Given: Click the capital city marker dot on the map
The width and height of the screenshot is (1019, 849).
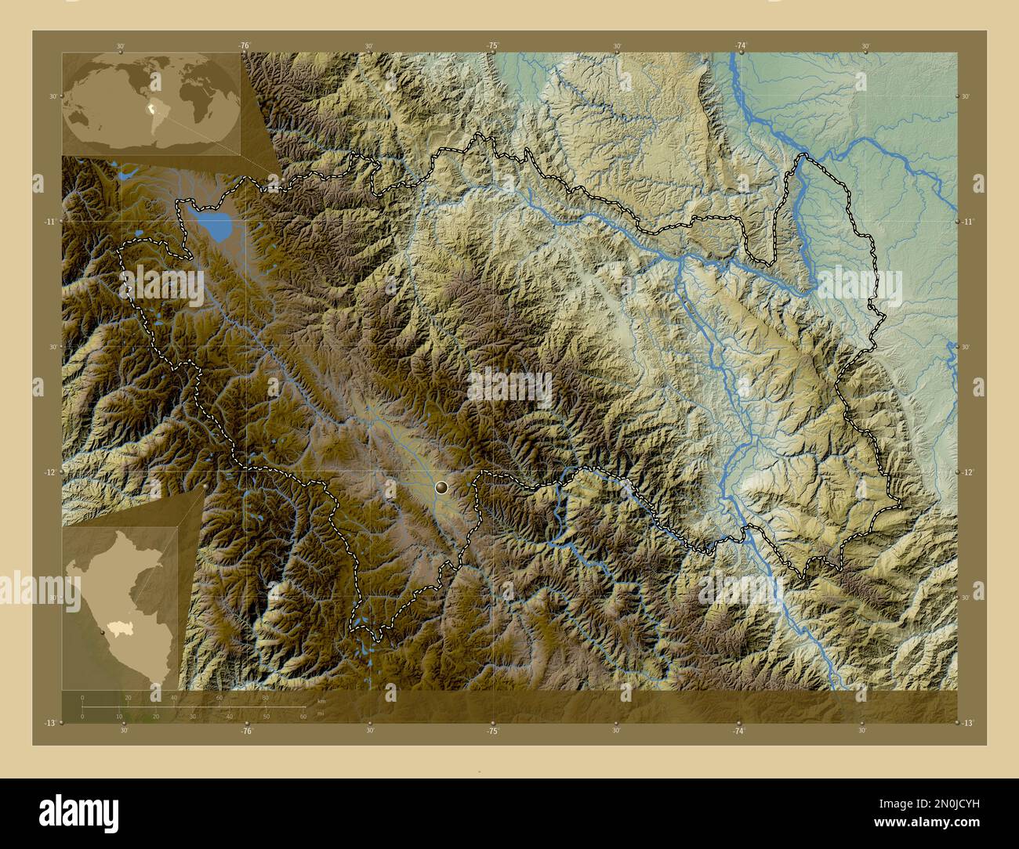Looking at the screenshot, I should (x=442, y=488).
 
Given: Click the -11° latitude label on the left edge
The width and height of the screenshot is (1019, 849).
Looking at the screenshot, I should (x=49, y=222).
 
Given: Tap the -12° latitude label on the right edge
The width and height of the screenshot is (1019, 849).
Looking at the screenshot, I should (x=969, y=471).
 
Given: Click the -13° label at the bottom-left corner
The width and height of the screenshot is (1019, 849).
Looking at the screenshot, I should (x=49, y=722).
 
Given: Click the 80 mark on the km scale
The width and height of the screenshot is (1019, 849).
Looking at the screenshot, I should (x=265, y=697).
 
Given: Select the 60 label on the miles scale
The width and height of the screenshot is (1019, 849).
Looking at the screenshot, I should (x=303, y=716).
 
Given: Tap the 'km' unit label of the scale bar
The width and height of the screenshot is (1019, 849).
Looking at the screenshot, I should (x=321, y=701).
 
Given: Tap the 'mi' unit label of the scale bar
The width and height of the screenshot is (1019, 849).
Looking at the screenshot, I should (x=320, y=713).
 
